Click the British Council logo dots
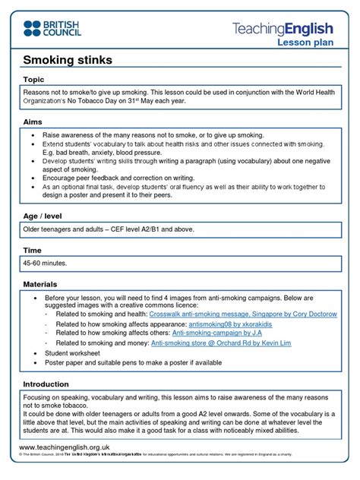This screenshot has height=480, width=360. [33, 29]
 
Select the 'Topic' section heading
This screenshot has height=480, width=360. [34, 79]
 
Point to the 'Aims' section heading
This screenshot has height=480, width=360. [33, 122]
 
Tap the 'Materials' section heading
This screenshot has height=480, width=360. [42, 284]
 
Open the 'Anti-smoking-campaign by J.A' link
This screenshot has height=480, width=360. [216, 333]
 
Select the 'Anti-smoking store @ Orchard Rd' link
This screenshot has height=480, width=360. [219, 343]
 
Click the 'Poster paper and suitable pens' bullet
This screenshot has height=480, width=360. [134, 362]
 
